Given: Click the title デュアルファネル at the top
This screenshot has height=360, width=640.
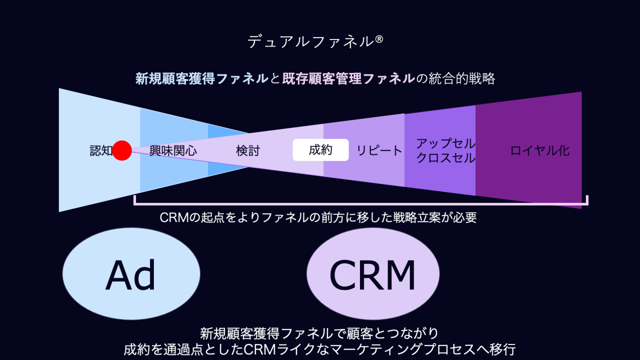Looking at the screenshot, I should coord(310,41).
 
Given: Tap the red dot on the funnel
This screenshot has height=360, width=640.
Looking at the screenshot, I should coord(122,150).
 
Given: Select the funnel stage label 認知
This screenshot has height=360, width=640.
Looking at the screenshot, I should coord(101,150).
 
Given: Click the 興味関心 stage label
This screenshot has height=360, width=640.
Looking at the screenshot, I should coord(173,150).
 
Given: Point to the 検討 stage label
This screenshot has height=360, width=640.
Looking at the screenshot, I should coord(248,150).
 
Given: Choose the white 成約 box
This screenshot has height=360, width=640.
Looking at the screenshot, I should coord(320,150).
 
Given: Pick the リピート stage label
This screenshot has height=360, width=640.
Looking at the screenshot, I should coord(379,150).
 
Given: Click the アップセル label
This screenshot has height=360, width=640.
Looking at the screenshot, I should coord(445,143).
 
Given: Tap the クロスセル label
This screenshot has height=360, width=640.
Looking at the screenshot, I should coord(445,158).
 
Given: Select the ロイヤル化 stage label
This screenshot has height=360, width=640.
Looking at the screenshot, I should coord(540,150).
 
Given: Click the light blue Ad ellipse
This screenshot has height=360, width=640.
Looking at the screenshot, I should coord(131,274).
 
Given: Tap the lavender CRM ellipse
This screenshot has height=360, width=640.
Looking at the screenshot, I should coord(373,274).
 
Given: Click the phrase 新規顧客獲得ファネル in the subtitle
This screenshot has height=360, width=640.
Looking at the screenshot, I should coord(202,78).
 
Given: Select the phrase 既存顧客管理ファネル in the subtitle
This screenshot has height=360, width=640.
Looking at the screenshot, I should coord(348,78).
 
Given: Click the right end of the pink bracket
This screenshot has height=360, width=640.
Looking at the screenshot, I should coord(587,201).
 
